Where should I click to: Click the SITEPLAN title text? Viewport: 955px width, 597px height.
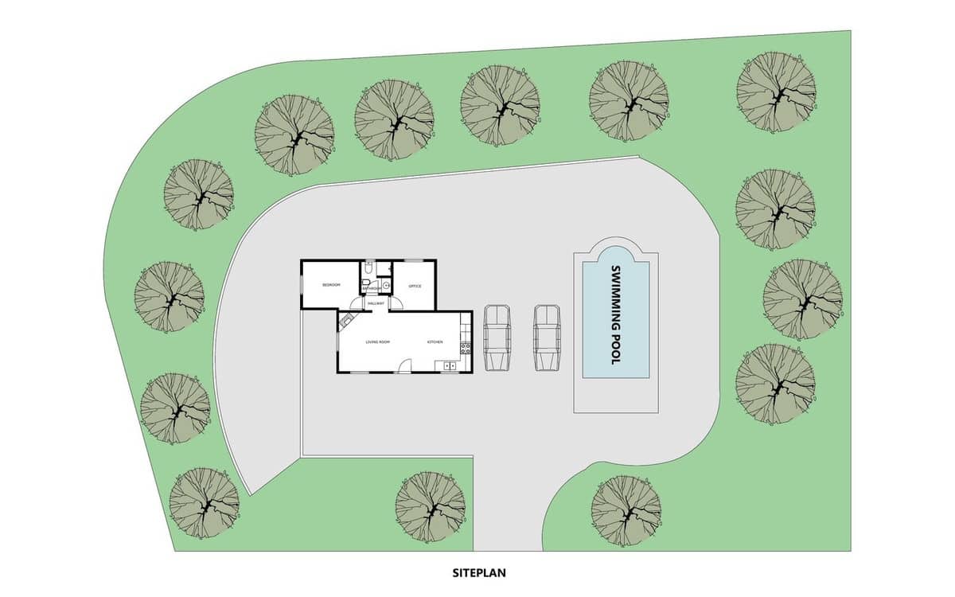(x=479, y=572)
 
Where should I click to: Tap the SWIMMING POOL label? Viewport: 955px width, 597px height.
(x=614, y=315)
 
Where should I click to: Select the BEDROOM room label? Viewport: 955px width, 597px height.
(x=330, y=285)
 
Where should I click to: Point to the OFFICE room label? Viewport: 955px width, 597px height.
(x=415, y=286)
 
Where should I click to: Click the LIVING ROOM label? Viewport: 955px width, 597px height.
(x=377, y=342)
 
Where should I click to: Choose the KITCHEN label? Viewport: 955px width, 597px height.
(x=435, y=342)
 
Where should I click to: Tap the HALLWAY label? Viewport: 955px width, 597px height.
(x=376, y=303)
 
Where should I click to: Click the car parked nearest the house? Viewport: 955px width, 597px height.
(x=497, y=338)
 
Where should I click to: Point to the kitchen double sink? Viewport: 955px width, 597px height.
(x=450, y=366)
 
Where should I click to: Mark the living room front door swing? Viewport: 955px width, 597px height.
(x=404, y=366)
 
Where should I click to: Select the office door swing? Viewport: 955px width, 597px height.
(x=396, y=304)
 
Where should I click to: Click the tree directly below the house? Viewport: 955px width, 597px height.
(x=430, y=506)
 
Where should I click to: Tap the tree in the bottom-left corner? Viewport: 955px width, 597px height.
(x=205, y=503)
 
